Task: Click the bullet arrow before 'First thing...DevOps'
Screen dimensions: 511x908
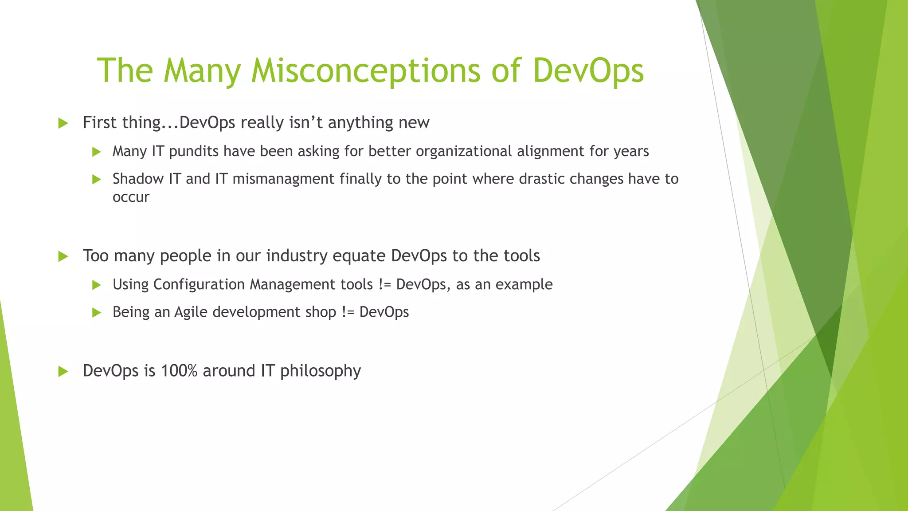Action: pyautogui.click(x=63, y=123)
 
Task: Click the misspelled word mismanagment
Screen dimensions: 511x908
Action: pyautogui.click(x=283, y=179)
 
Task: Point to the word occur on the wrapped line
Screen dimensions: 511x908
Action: pyautogui.click(x=131, y=197)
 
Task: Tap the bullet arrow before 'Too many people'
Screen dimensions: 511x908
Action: pyautogui.click(x=63, y=256)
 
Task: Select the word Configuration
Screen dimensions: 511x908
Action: pyautogui.click(x=199, y=285)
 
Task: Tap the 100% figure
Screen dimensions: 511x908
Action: pyautogui.click(x=179, y=371)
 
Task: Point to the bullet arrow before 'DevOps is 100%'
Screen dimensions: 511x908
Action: pyautogui.click(x=63, y=372)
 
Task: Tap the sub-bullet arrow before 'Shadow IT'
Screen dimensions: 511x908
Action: pyautogui.click(x=97, y=180)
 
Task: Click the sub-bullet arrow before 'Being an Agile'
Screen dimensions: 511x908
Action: pyautogui.click(x=97, y=313)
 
